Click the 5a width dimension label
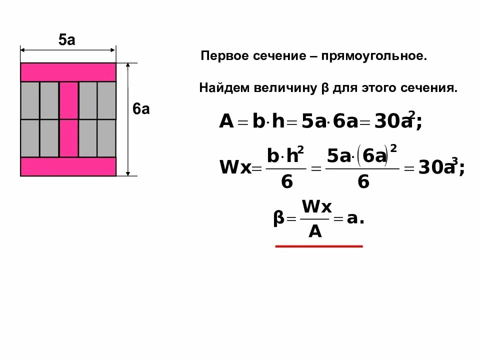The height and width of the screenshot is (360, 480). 67,40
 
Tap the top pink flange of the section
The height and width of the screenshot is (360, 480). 68,72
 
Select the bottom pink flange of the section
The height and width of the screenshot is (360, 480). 68,166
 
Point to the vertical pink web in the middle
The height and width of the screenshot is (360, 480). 68,119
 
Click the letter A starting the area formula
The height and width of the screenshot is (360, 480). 226,121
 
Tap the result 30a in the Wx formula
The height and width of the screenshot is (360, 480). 436,168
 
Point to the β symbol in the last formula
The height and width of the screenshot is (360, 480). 278,219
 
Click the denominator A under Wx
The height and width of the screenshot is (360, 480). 314,231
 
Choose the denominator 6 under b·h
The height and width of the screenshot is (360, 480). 286,182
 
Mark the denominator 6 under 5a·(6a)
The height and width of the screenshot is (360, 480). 363,182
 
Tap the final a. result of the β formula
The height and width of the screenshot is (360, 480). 354,218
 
